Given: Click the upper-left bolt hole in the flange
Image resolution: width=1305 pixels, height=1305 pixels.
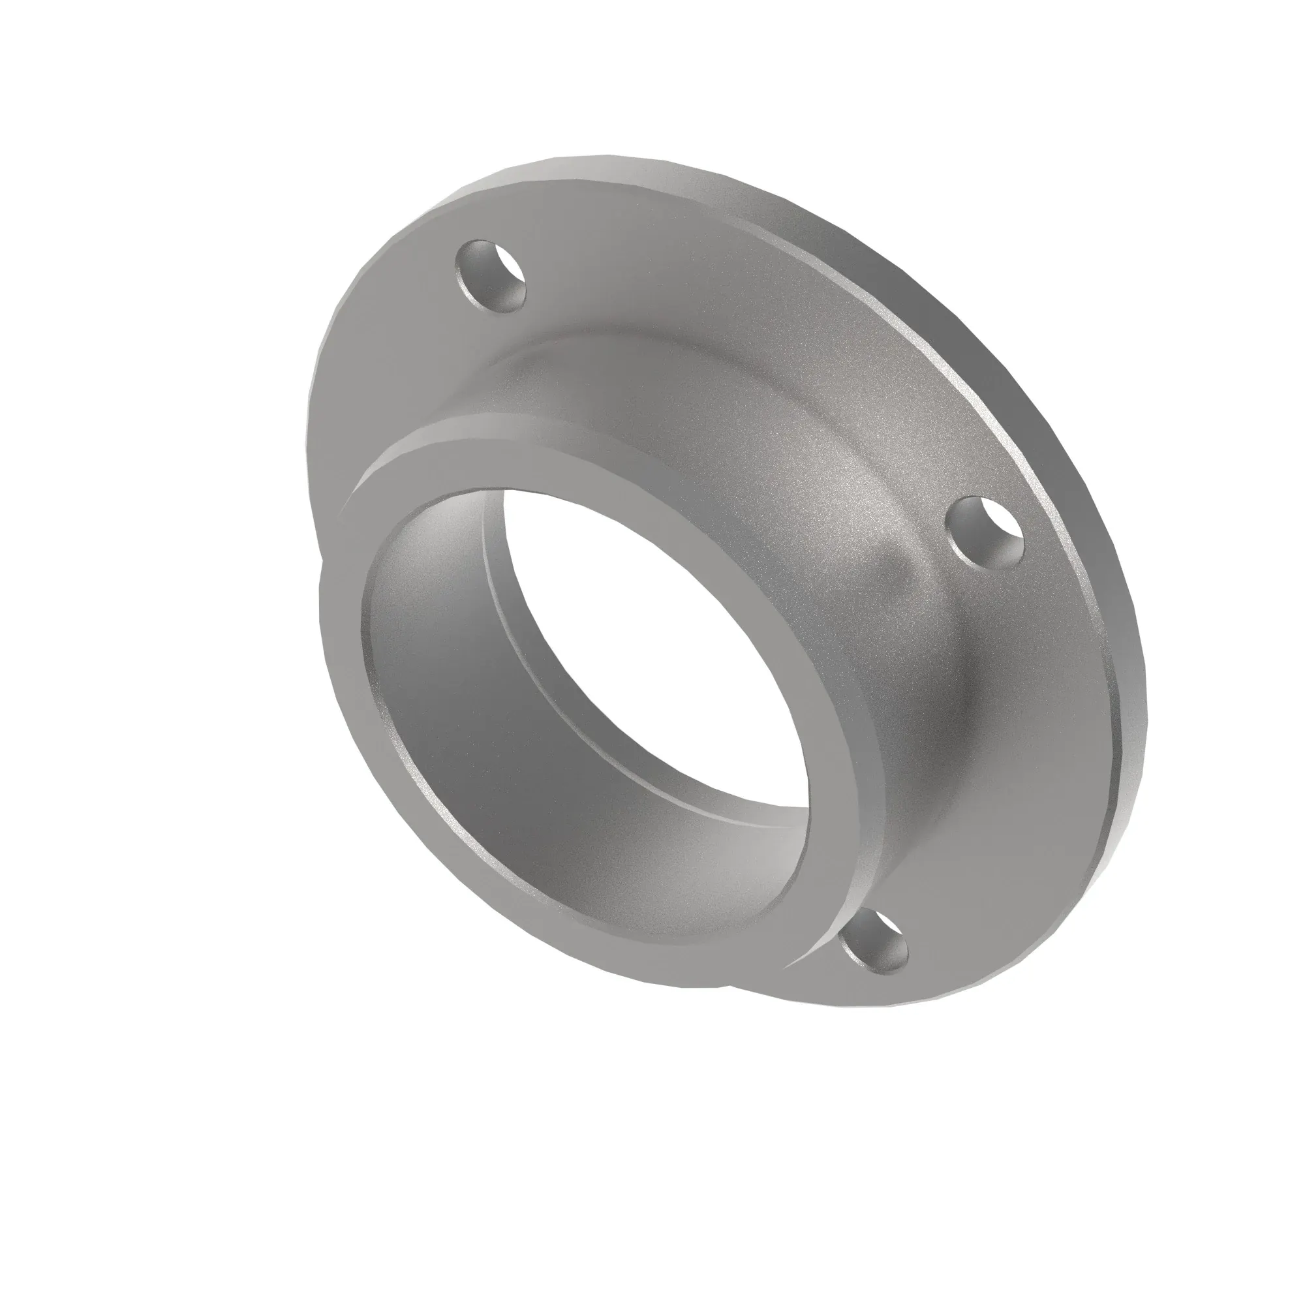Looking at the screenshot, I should [x=491, y=275].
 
